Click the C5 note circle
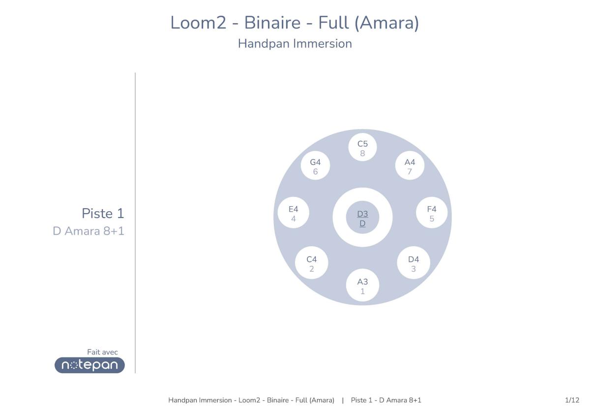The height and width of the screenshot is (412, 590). pos(362,147)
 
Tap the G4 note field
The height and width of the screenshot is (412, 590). pos(315,165)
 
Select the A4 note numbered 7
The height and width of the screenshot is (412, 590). pos(410,165)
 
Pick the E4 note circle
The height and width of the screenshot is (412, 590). pos(294,213)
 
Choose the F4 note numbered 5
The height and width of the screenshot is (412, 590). pos(432,213)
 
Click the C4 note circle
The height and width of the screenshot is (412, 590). pos(312,263)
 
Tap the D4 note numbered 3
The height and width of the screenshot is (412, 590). pos(413,263)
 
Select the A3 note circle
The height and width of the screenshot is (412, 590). pos(362,285)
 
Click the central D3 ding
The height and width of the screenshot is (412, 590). pos(362,218)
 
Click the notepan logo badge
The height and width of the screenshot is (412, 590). pos(89,365)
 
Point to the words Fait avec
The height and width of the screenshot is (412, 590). pos(102,352)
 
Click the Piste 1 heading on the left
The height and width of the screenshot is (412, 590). pos(103,214)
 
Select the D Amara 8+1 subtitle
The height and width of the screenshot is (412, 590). pos(88,231)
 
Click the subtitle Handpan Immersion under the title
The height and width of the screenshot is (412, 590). pos(295,44)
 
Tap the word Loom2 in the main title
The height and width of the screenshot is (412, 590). pos(198,23)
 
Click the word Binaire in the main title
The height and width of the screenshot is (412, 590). pos(272,23)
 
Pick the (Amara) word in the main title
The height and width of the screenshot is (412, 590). pos(386,23)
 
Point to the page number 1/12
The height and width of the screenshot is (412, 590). pos(572,400)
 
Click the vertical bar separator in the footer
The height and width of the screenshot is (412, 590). pos(343,400)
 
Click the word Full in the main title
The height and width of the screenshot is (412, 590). pos(334,23)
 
